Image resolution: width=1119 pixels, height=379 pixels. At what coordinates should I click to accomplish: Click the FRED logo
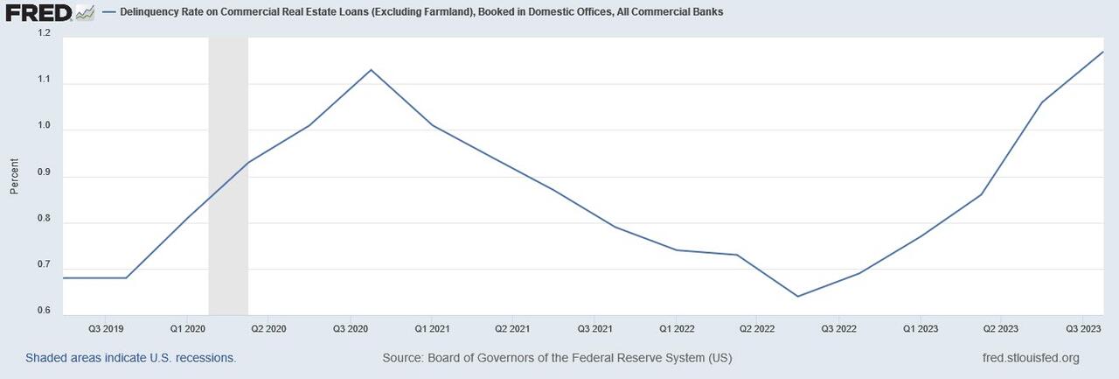(39, 12)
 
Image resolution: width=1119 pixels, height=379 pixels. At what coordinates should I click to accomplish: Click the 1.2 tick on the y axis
(44, 33)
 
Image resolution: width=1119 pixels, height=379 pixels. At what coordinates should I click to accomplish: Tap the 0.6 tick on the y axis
(44, 312)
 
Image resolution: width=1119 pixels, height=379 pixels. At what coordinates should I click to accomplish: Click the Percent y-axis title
(14, 176)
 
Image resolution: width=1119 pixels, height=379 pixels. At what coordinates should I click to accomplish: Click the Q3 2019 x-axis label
(107, 329)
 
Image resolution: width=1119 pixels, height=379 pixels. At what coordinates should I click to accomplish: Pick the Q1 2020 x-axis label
(187, 329)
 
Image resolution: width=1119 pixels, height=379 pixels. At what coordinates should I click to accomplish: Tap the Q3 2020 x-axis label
(351, 329)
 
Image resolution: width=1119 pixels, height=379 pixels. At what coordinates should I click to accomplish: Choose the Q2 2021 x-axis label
(512, 329)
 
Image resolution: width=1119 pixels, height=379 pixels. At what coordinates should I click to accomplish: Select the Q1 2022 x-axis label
(676, 329)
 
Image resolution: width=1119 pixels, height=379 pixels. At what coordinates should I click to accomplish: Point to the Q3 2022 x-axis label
(839, 329)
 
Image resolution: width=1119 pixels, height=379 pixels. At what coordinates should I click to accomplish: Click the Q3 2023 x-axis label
(1083, 329)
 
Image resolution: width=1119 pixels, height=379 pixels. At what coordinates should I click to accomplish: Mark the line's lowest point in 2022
(797, 296)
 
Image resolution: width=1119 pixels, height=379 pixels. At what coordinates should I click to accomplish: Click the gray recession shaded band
(228, 175)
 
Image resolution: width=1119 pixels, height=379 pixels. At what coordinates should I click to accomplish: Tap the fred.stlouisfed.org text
(1031, 358)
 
